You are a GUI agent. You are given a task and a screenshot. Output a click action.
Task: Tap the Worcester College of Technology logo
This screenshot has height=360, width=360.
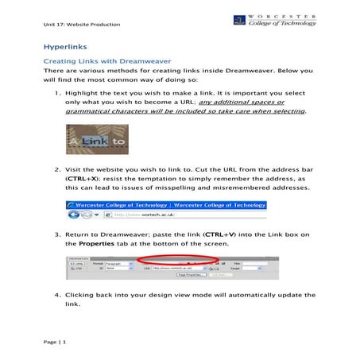(273, 19)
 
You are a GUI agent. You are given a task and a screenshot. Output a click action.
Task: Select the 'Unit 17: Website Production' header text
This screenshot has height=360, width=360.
(82, 25)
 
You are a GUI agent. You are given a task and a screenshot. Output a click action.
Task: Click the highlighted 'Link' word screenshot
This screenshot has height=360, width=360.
(96, 142)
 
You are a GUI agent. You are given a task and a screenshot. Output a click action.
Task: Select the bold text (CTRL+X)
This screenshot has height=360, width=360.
(82, 180)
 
